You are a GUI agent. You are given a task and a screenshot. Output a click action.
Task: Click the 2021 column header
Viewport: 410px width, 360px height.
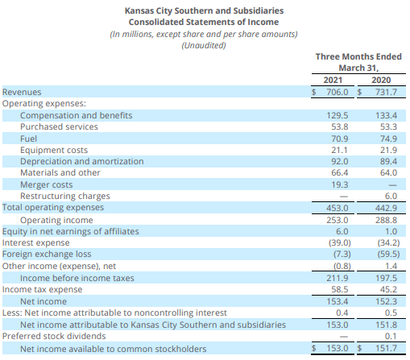point(333,80)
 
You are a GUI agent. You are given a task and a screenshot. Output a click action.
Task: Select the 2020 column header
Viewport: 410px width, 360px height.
point(381,80)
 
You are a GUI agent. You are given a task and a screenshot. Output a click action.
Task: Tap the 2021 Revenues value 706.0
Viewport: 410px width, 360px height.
point(338,92)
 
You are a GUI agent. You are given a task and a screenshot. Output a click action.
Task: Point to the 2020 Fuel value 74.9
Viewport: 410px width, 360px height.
point(388,139)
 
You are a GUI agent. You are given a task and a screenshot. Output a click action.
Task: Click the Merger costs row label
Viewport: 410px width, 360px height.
point(47,184)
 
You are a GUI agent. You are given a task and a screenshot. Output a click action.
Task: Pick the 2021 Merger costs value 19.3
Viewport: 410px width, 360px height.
point(340,184)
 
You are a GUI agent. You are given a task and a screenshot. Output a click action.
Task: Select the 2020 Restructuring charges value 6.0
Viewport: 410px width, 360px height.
point(391,196)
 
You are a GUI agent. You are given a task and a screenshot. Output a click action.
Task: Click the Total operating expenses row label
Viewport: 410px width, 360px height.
point(53,208)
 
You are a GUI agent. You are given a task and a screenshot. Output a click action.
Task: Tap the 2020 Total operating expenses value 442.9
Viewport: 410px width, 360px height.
point(386,208)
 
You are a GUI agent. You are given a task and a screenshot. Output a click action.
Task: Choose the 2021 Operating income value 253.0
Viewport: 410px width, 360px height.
point(338,220)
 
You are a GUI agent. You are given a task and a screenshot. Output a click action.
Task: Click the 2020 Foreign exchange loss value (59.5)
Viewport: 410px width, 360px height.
point(388,254)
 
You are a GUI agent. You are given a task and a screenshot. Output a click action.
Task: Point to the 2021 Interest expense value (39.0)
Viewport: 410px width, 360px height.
point(340,242)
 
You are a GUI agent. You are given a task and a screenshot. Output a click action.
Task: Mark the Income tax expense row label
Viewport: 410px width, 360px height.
point(42,289)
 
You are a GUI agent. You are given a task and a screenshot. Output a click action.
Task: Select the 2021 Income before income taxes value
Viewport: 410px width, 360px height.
point(338,278)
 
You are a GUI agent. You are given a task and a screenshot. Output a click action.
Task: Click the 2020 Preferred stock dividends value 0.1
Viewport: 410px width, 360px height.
point(391,336)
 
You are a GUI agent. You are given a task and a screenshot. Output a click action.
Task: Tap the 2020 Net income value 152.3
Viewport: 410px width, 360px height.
point(386,301)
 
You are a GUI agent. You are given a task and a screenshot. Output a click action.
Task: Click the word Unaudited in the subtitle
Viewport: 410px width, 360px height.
point(204,45)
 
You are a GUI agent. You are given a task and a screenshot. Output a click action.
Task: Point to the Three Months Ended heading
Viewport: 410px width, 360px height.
point(358,56)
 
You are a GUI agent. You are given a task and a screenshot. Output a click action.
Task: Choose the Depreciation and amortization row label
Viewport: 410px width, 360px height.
point(82,161)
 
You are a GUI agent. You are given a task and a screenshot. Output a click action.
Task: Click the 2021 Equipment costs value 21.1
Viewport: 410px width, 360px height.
point(340,150)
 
